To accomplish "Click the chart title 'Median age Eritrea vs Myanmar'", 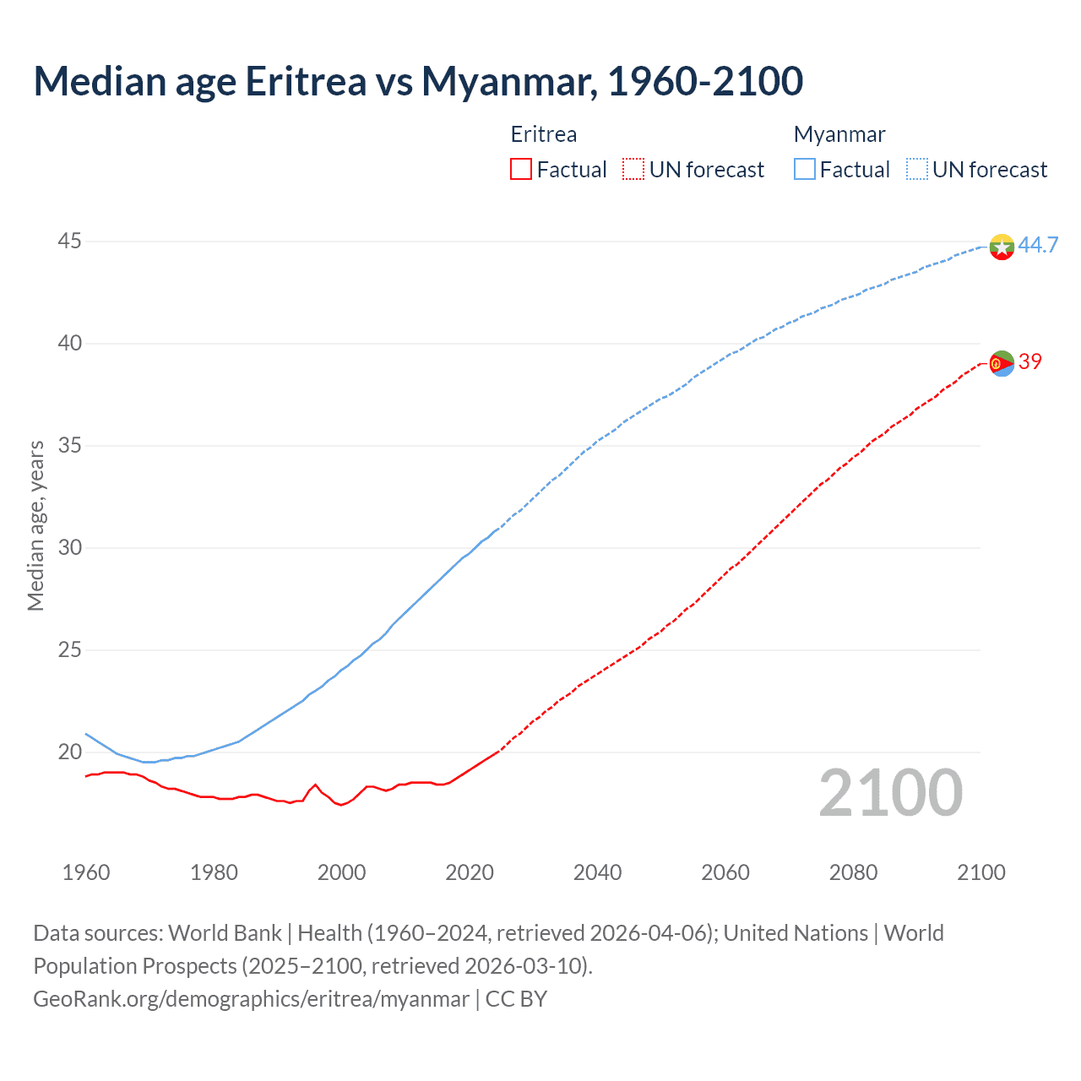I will pos(418,81).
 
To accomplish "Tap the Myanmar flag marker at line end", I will pos(1002,247).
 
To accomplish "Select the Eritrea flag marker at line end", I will pos(1002,363).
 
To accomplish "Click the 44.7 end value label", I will pos(1038,245).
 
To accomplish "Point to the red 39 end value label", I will pos(1030,361).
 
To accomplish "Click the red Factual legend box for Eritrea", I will pos(521,170).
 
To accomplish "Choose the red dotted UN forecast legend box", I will pos(633,170).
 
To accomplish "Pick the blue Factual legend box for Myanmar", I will pos(805,170).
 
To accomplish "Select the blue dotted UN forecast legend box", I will pos(917,170).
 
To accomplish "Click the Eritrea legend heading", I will pos(544,134).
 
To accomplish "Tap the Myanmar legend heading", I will pos(839,134).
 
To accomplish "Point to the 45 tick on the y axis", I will pos(69,242).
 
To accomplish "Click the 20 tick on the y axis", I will pos(69,752).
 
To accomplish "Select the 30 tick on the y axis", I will pos(69,547).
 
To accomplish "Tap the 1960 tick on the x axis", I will pos(86,872).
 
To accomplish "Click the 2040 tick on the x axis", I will pos(597,872).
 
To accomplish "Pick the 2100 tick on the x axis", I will pos(981,872).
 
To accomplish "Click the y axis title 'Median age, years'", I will pos(35,525).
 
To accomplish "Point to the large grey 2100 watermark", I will pos(891,792).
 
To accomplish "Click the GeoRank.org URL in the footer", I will pos(251,999).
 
